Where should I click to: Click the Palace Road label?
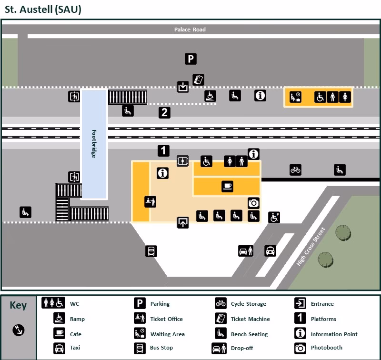[x=190, y=30]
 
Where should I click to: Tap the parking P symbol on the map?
[x=190, y=59]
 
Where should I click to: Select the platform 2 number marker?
[x=164, y=113]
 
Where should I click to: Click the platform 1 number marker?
[x=163, y=151]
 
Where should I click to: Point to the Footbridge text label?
[x=94, y=144]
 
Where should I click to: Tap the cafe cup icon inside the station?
[x=227, y=187]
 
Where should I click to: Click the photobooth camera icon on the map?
[x=253, y=203]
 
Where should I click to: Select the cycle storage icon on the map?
[x=295, y=170]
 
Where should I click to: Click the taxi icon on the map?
[x=270, y=250]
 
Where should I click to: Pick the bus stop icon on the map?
[x=151, y=251]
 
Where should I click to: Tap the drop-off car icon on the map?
[x=246, y=250]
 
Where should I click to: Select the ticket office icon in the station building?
[x=150, y=201]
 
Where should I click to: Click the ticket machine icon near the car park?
[x=198, y=80]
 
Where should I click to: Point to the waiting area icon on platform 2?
[x=295, y=97]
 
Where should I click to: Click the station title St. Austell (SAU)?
[x=43, y=10]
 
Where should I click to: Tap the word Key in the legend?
[x=18, y=305]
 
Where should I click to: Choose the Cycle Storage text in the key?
[x=248, y=304]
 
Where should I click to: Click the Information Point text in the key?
[x=334, y=334]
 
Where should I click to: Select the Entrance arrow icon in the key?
[x=300, y=303]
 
